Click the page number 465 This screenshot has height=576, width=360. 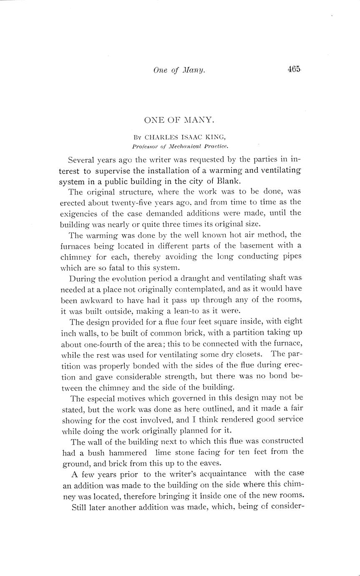click(x=294, y=70)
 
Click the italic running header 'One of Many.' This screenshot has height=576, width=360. click(x=179, y=71)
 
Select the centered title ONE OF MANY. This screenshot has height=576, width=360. click(x=179, y=120)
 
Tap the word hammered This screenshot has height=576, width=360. click(x=128, y=452)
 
